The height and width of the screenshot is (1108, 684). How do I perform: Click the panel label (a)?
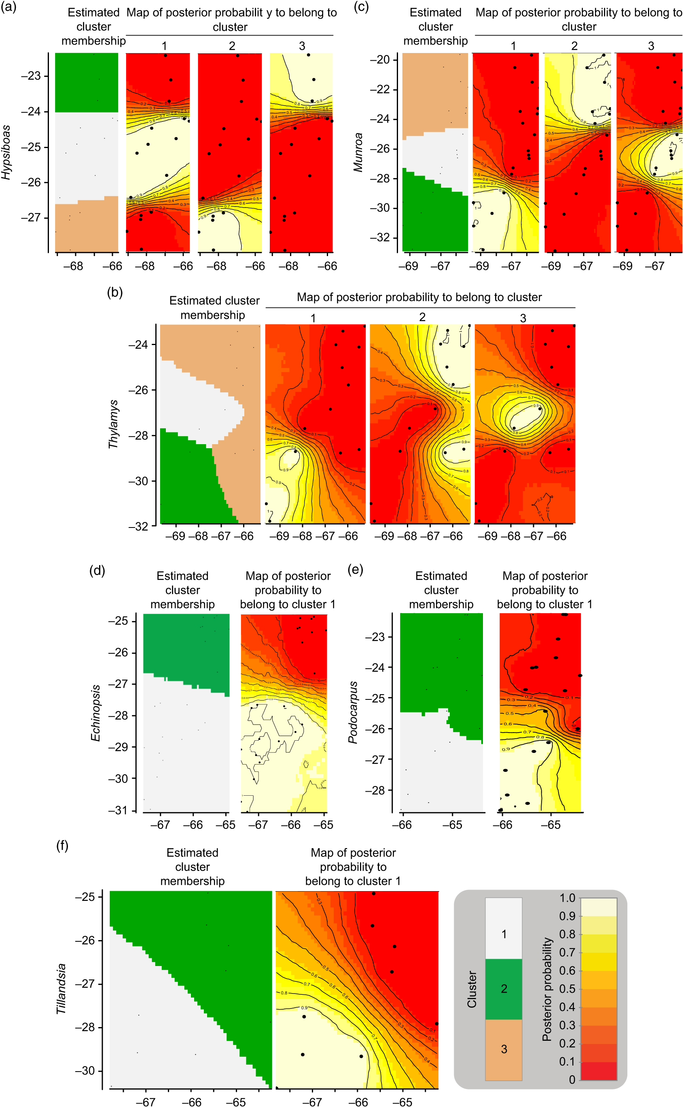click(x=8, y=7)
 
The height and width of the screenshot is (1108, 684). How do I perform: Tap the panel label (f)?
click(x=62, y=845)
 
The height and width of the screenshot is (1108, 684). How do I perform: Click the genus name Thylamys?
click(x=113, y=424)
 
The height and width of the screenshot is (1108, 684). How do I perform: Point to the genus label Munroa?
click(x=358, y=152)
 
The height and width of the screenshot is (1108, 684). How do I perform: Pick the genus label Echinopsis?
click(x=95, y=713)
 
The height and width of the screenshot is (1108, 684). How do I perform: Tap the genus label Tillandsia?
click(x=61, y=989)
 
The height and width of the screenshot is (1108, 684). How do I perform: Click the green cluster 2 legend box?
click(x=504, y=989)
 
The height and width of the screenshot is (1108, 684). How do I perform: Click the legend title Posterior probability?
click(x=547, y=989)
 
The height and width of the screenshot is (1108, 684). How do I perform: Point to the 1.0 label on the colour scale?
click(x=567, y=898)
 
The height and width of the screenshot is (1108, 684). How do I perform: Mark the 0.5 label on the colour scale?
click(x=567, y=989)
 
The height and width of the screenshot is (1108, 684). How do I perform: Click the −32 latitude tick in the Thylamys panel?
click(x=138, y=526)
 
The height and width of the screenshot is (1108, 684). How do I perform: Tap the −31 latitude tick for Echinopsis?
click(x=118, y=810)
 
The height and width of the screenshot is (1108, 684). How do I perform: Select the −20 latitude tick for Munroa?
click(x=380, y=60)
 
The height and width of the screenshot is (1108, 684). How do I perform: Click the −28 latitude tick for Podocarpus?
click(x=375, y=790)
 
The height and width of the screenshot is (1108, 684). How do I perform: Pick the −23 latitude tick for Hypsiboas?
click(x=31, y=76)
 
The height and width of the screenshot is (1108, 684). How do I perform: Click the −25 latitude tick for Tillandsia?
click(x=85, y=897)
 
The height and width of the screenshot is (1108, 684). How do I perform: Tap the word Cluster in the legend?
click(x=472, y=989)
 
